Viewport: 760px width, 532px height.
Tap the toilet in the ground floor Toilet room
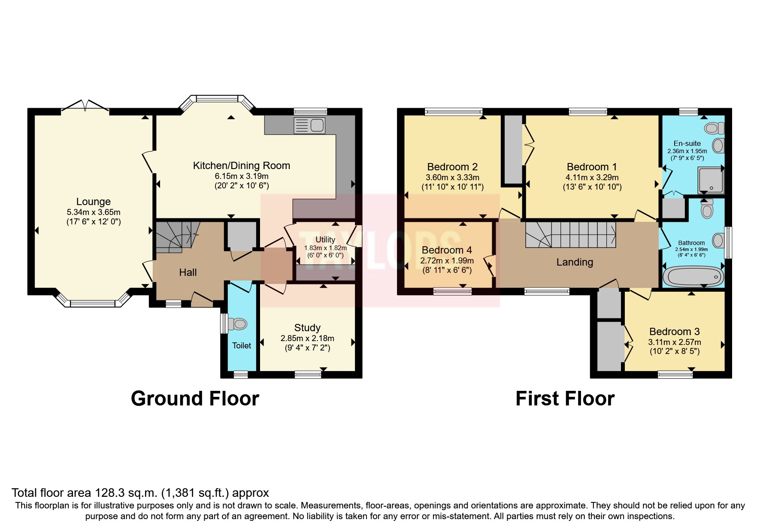tap(238, 324)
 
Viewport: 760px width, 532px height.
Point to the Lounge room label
tap(94, 202)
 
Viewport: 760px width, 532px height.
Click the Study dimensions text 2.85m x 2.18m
tap(307, 339)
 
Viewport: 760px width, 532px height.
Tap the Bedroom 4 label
tap(447, 250)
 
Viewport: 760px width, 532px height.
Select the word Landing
tap(575, 262)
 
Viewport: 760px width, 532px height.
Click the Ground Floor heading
tap(195, 399)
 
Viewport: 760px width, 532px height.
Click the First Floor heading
tap(565, 399)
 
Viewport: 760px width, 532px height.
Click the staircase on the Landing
tap(570, 235)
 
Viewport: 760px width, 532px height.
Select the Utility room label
tap(325, 240)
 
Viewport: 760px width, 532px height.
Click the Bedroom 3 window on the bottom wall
tap(675, 375)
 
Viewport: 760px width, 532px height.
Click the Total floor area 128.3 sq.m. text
tap(140, 493)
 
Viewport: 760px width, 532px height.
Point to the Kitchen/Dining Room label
tap(241, 166)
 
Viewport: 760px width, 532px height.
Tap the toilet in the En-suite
tap(715, 128)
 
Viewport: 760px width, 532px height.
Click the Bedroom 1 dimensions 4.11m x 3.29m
tap(592, 177)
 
